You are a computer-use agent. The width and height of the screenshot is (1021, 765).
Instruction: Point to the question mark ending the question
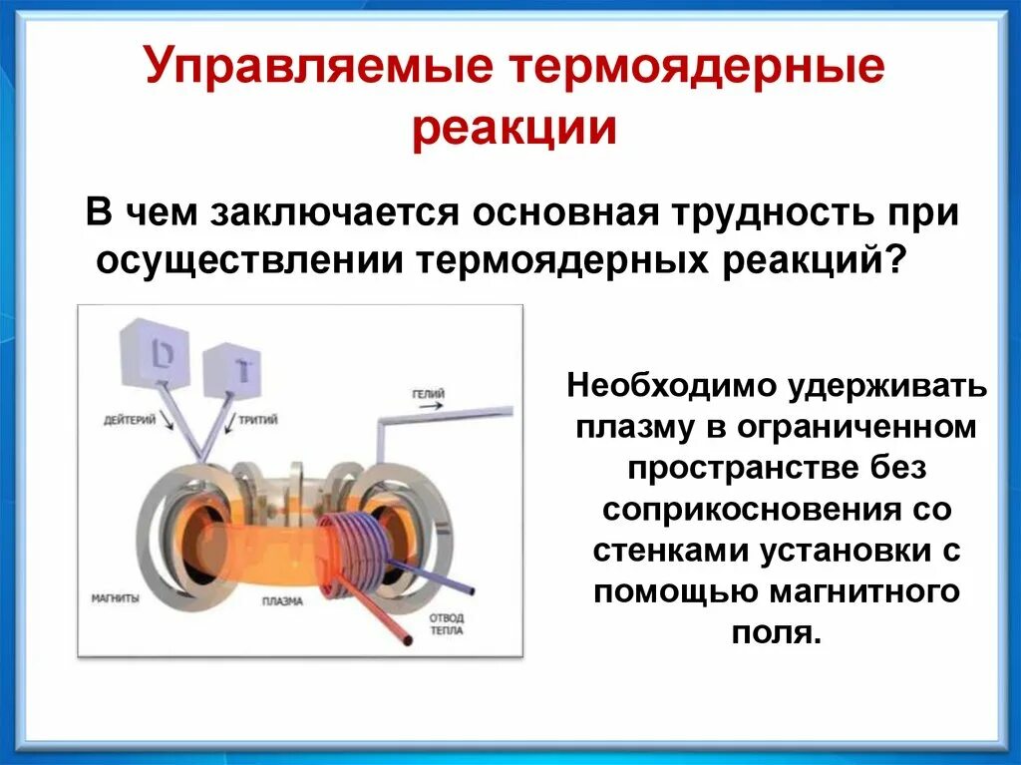point(896,261)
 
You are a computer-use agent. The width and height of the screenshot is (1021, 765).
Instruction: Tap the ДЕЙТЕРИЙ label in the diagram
point(130,420)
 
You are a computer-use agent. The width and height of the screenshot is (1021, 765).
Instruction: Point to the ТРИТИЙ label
point(256,420)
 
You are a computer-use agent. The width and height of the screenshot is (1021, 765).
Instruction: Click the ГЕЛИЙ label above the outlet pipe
point(427,394)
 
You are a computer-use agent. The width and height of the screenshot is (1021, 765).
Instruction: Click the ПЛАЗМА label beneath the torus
point(283,601)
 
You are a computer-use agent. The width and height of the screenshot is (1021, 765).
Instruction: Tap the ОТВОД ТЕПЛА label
point(446,624)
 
